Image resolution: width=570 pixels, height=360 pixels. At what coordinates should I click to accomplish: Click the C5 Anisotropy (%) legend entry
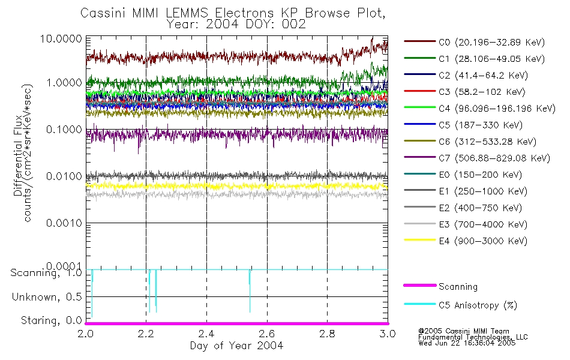[478, 305]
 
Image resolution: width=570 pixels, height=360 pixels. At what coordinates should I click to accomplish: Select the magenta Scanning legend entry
[458, 287]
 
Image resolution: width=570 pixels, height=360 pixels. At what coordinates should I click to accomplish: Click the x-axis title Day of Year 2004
[236, 346]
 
